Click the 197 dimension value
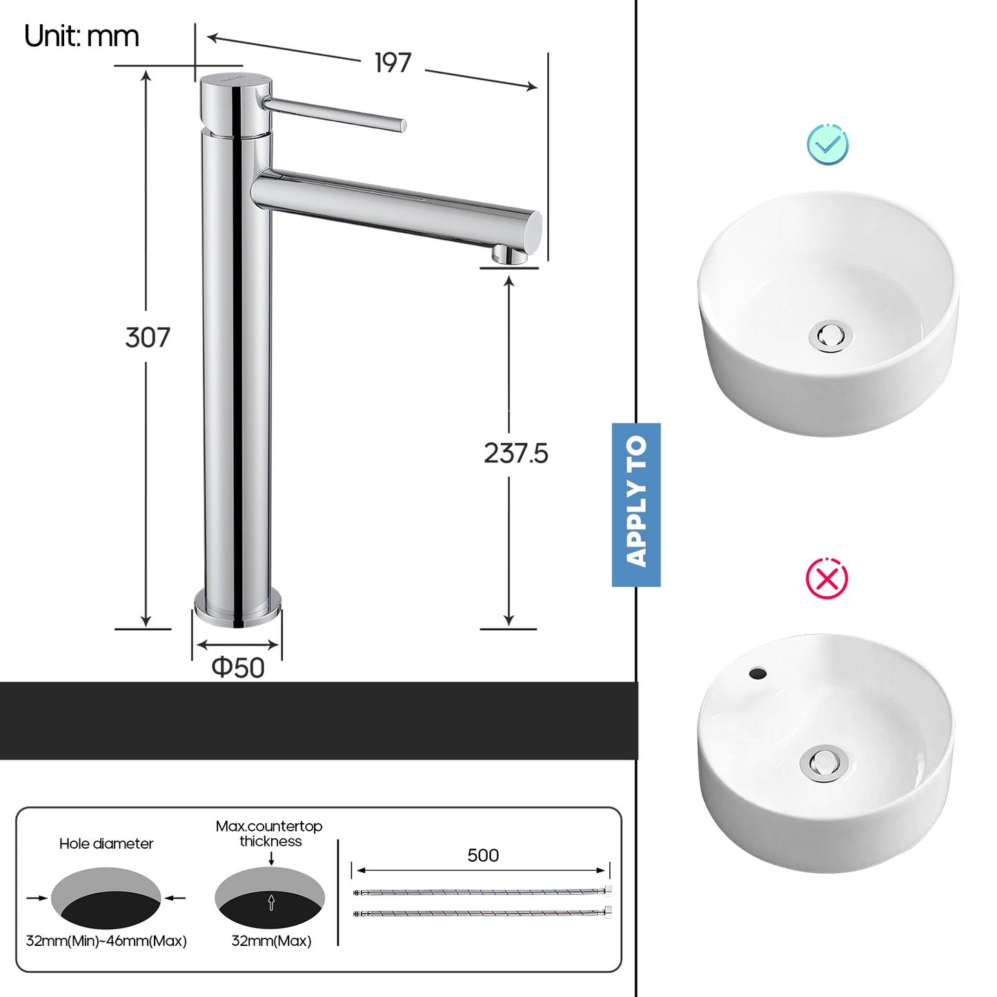393,63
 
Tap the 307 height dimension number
147,337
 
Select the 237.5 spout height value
515,453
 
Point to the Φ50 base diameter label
238,667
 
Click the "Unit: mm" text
81,36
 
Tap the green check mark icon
828,144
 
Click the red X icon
827,578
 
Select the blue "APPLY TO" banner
636,504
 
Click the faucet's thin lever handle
335,114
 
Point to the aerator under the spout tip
509,256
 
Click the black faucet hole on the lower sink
758,673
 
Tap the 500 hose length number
482,856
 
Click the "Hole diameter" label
106,843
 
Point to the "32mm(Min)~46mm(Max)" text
106,940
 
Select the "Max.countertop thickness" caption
269,833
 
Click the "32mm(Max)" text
271,940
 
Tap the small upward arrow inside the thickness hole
271,902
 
